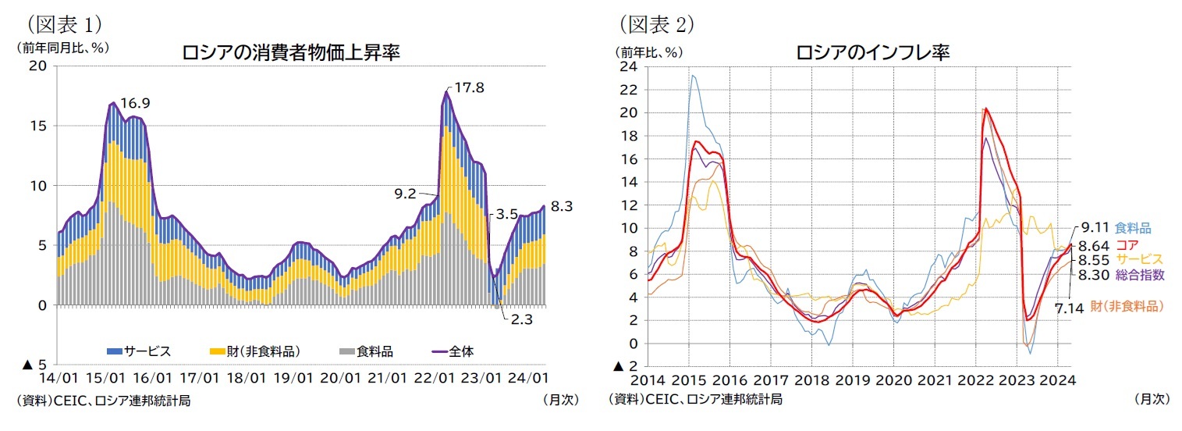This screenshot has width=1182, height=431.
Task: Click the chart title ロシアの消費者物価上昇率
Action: point(290,53)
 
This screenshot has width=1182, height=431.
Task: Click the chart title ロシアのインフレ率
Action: point(871,53)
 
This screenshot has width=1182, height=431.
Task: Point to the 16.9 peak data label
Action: point(135,103)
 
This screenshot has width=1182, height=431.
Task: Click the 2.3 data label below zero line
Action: point(517,320)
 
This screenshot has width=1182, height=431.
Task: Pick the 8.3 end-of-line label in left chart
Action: point(561,207)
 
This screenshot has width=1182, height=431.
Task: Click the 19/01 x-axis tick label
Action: point(293,378)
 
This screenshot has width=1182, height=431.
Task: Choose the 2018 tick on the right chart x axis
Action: point(811,381)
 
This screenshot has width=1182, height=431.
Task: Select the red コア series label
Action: point(1128,244)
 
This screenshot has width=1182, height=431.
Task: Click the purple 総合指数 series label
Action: point(1141,274)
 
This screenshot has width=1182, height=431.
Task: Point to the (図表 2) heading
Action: point(657,24)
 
